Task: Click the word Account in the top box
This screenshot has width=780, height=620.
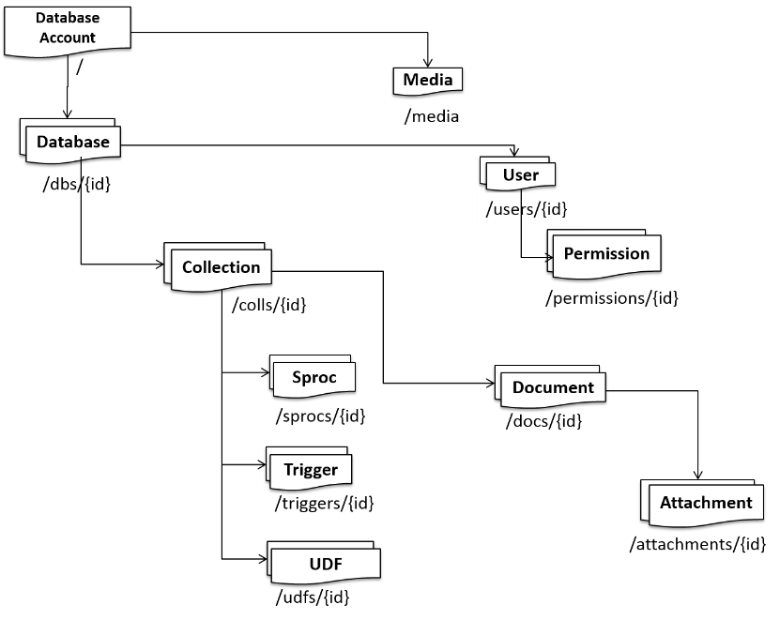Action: pos(68,38)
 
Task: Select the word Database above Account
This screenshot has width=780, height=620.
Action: pos(68,18)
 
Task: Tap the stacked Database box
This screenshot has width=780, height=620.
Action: pos(72,143)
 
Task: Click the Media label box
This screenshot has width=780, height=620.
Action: pos(428,80)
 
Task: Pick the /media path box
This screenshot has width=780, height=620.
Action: pos(448,116)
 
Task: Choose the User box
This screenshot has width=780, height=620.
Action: pos(520,175)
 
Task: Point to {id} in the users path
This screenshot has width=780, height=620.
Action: pos(555,209)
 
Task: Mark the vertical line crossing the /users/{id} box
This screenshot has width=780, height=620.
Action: pos(521,209)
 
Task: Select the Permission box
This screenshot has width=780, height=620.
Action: pos(606,253)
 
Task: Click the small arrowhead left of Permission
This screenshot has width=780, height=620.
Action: pos(550,255)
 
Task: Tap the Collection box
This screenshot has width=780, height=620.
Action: pos(221,267)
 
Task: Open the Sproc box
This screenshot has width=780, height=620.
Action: pos(314,377)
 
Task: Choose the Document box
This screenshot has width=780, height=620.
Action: pos(553,387)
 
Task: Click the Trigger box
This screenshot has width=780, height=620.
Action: pos(311,470)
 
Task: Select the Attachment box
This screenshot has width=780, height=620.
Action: pos(705,503)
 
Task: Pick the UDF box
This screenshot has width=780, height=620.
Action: pos(325,565)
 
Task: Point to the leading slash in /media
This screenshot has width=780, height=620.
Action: pos(407,116)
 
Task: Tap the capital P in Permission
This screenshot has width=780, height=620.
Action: pos(569,253)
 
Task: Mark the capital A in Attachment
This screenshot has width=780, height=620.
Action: pos(665,503)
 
